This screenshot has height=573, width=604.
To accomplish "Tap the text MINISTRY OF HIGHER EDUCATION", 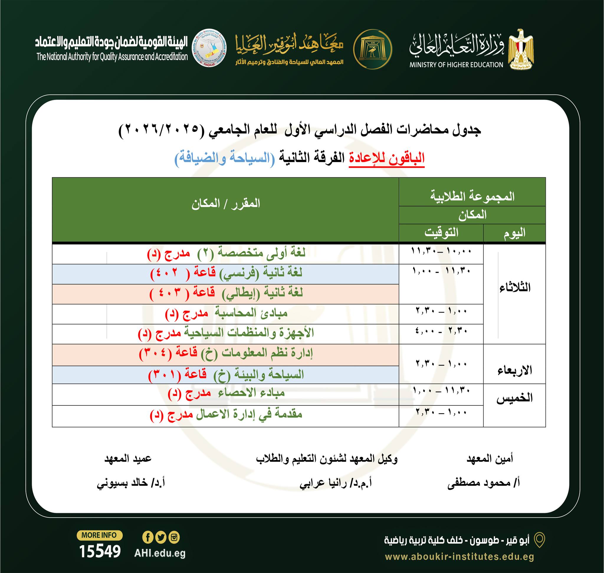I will point(456,65).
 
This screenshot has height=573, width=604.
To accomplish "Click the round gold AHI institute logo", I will point(372,49).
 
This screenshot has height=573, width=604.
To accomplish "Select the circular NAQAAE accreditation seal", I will point(209,48).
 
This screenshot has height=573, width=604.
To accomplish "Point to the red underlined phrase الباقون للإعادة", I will point(387,158).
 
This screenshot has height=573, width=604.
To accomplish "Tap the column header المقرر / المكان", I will point(226,204).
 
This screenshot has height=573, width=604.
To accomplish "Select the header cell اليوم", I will point(514,233).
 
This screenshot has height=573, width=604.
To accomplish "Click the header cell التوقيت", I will point(441,233).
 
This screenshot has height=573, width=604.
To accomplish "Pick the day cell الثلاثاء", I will point(515,288).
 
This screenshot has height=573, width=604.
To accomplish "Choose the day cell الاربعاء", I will point(515,371).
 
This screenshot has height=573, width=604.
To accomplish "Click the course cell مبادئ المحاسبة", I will point(226,314).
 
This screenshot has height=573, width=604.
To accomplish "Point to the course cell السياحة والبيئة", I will point(226,375).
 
